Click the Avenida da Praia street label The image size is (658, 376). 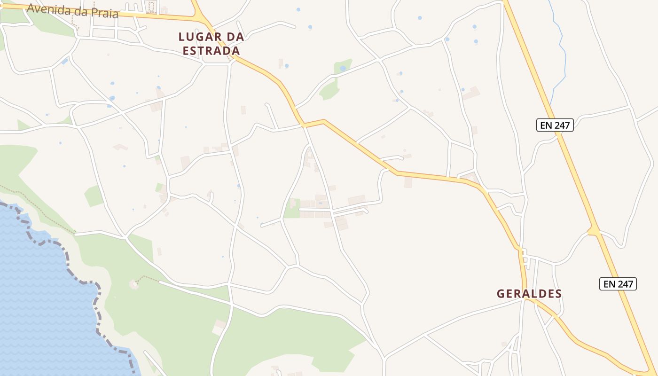(x=72, y=10)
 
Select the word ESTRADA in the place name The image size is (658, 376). (x=211, y=51)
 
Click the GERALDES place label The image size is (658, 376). (x=529, y=294)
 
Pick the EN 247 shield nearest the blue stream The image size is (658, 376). (x=555, y=125)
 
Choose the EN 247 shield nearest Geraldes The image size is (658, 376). (x=618, y=284)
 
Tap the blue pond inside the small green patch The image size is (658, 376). (x=343, y=69)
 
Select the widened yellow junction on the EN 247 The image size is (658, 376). (x=594, y=231)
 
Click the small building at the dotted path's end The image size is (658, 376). (x=134, y=284)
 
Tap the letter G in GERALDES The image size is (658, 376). (x=501, y=294)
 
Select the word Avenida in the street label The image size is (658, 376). (x=45, y=8)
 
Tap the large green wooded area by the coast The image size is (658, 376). (x=282, y=338)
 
